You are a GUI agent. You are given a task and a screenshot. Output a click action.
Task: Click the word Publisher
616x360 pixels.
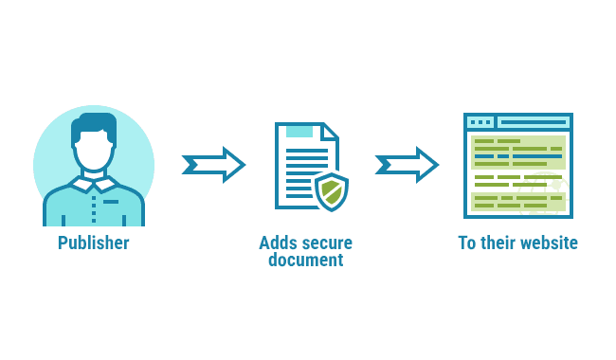coord(93,243)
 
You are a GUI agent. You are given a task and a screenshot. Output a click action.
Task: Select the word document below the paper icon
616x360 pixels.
coord(305,259)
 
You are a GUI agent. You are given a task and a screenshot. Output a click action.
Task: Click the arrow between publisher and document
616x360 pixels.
coord(213,165)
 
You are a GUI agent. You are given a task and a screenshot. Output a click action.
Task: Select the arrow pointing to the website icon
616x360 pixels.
coord(407,165)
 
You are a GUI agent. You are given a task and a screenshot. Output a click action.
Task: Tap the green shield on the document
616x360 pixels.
coord(331,190)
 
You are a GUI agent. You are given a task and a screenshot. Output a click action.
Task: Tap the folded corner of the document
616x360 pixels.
coord(328,132)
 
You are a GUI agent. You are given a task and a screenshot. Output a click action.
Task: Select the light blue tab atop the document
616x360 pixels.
coord(299,131)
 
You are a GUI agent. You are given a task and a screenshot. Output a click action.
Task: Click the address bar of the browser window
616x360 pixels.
coord(533,122)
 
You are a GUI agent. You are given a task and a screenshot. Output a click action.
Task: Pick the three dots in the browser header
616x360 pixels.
coord(480,122)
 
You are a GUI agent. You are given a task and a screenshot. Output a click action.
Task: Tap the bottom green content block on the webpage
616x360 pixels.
coord(517,202)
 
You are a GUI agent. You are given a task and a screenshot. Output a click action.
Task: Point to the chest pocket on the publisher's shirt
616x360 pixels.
coord(112,202)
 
